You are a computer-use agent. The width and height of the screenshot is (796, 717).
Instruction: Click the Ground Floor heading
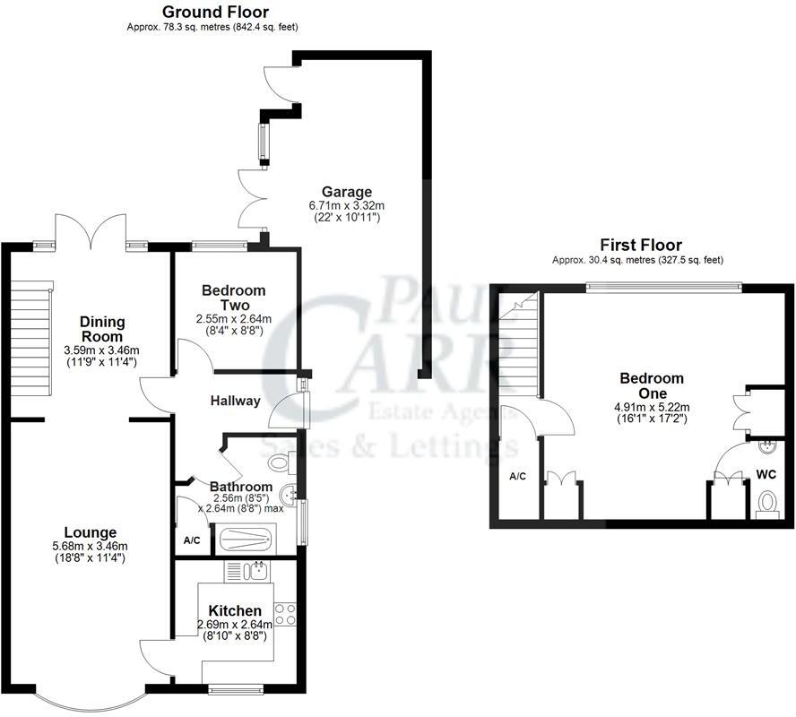click(x=214, y=12)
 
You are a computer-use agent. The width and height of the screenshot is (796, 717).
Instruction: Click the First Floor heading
click(x=640, y=245)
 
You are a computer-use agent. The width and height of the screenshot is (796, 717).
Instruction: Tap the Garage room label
click(x=346, y=191)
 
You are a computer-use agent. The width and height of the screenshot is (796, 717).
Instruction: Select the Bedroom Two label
click(x=233, y=298)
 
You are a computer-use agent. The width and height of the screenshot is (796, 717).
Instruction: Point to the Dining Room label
click(x=102, y=329)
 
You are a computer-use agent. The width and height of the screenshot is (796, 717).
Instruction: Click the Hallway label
click(x=235, y=401)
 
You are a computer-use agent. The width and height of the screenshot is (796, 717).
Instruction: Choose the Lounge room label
click(x=90, y=532)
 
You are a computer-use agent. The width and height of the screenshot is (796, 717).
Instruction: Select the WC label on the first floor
click(x=766, y=473)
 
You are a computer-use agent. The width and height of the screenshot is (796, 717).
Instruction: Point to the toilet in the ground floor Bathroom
click(x=281, y=462)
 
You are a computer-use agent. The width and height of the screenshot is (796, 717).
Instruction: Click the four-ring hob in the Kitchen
click(x=286, y=614)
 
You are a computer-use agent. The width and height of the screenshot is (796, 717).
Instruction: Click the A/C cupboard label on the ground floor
click(x=192, y=540)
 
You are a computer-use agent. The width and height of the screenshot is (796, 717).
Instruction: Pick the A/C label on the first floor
click(x=517, y=476)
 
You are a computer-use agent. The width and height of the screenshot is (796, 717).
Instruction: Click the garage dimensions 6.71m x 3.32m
click(x=346, y=204)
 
